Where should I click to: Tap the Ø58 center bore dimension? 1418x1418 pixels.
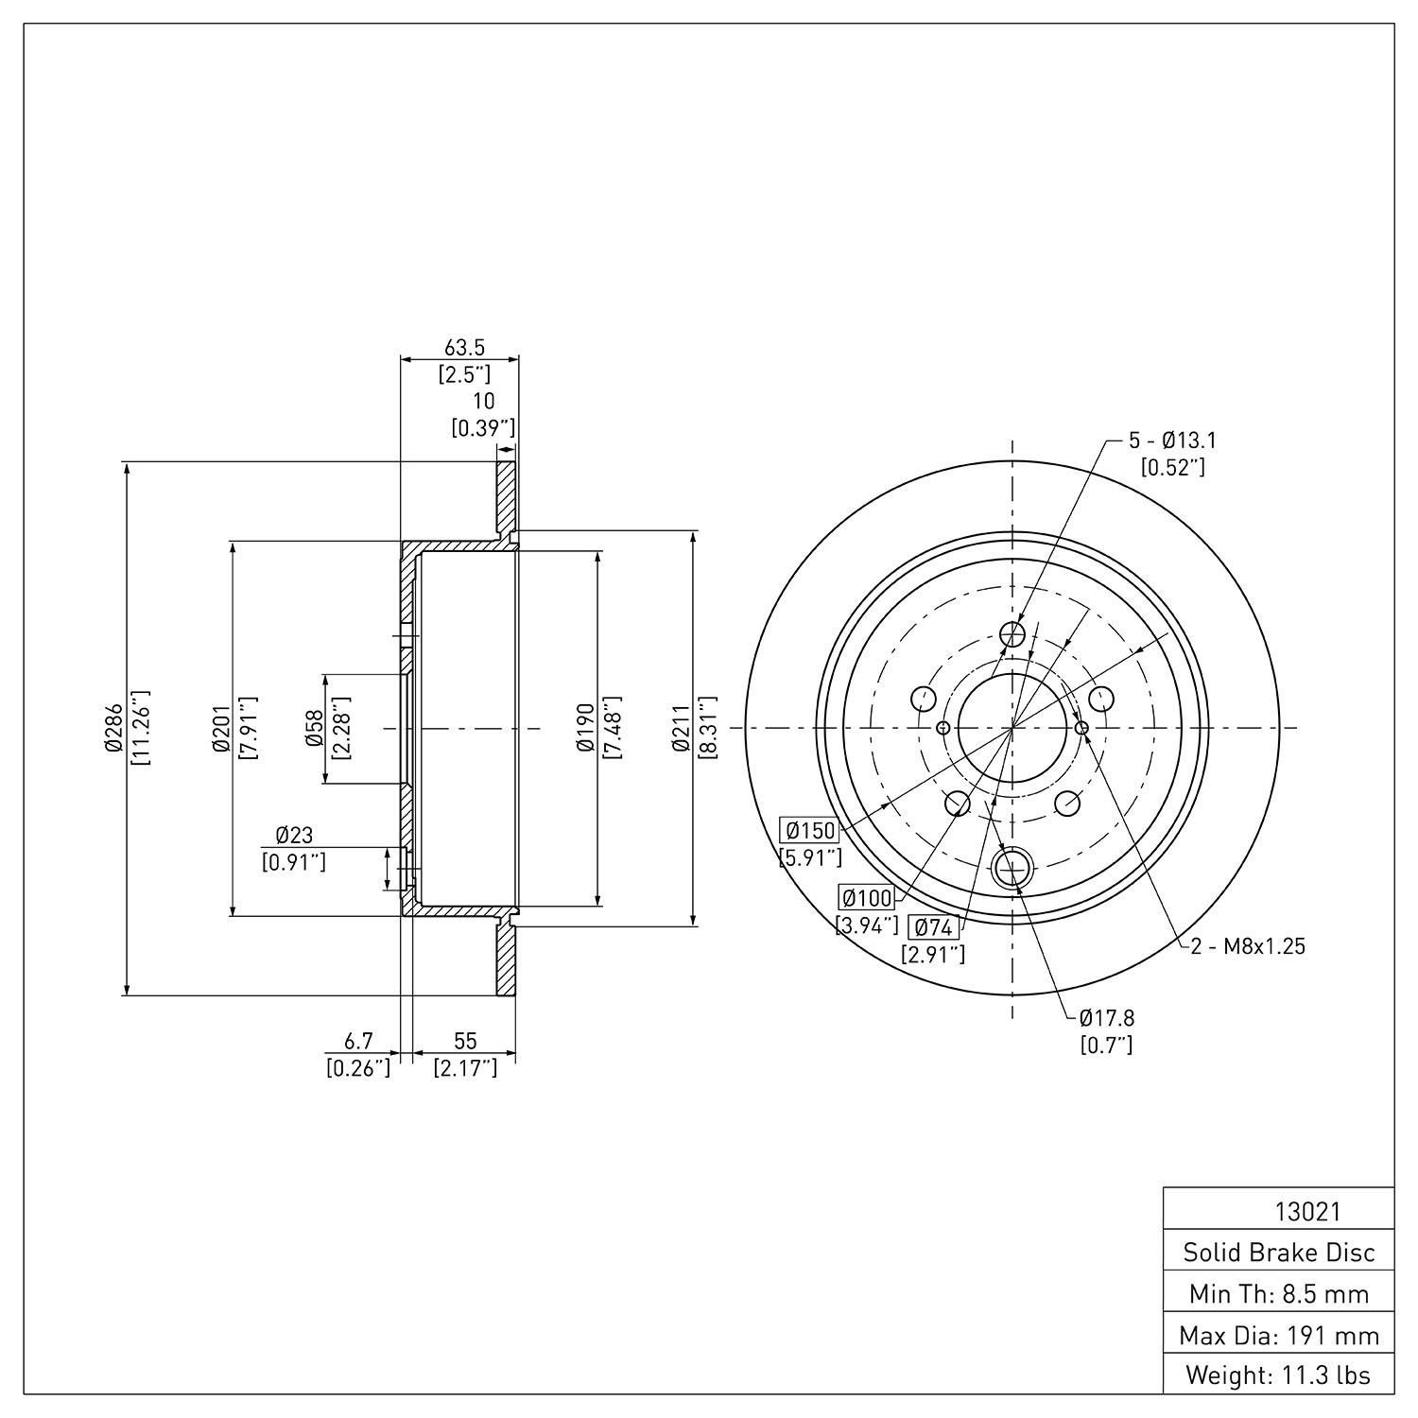(313, 728)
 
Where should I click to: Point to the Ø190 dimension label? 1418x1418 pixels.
(586, 728)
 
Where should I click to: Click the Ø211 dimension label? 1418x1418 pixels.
(681, 728)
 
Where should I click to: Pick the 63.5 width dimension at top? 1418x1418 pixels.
(464, 348)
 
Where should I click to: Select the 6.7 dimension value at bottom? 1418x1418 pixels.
(358, 1041)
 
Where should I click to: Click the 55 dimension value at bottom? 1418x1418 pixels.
(465, 1041)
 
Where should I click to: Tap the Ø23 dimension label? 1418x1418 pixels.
(294, 835)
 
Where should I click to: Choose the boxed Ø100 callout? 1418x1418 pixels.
(867, 898)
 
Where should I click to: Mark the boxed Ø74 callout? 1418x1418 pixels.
(933, 927)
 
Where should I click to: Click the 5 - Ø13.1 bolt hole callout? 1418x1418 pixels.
(1172, 441)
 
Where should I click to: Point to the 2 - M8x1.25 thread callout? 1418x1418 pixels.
(1248, 945)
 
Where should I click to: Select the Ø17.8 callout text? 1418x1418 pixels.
(1107, 1018)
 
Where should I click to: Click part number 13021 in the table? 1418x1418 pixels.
(1307, 1212)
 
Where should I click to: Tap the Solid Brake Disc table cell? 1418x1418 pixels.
(1279, 1253)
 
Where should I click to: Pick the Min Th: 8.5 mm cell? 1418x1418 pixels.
(1279, 1293)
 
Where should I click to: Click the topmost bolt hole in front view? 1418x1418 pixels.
(1012, 633)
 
